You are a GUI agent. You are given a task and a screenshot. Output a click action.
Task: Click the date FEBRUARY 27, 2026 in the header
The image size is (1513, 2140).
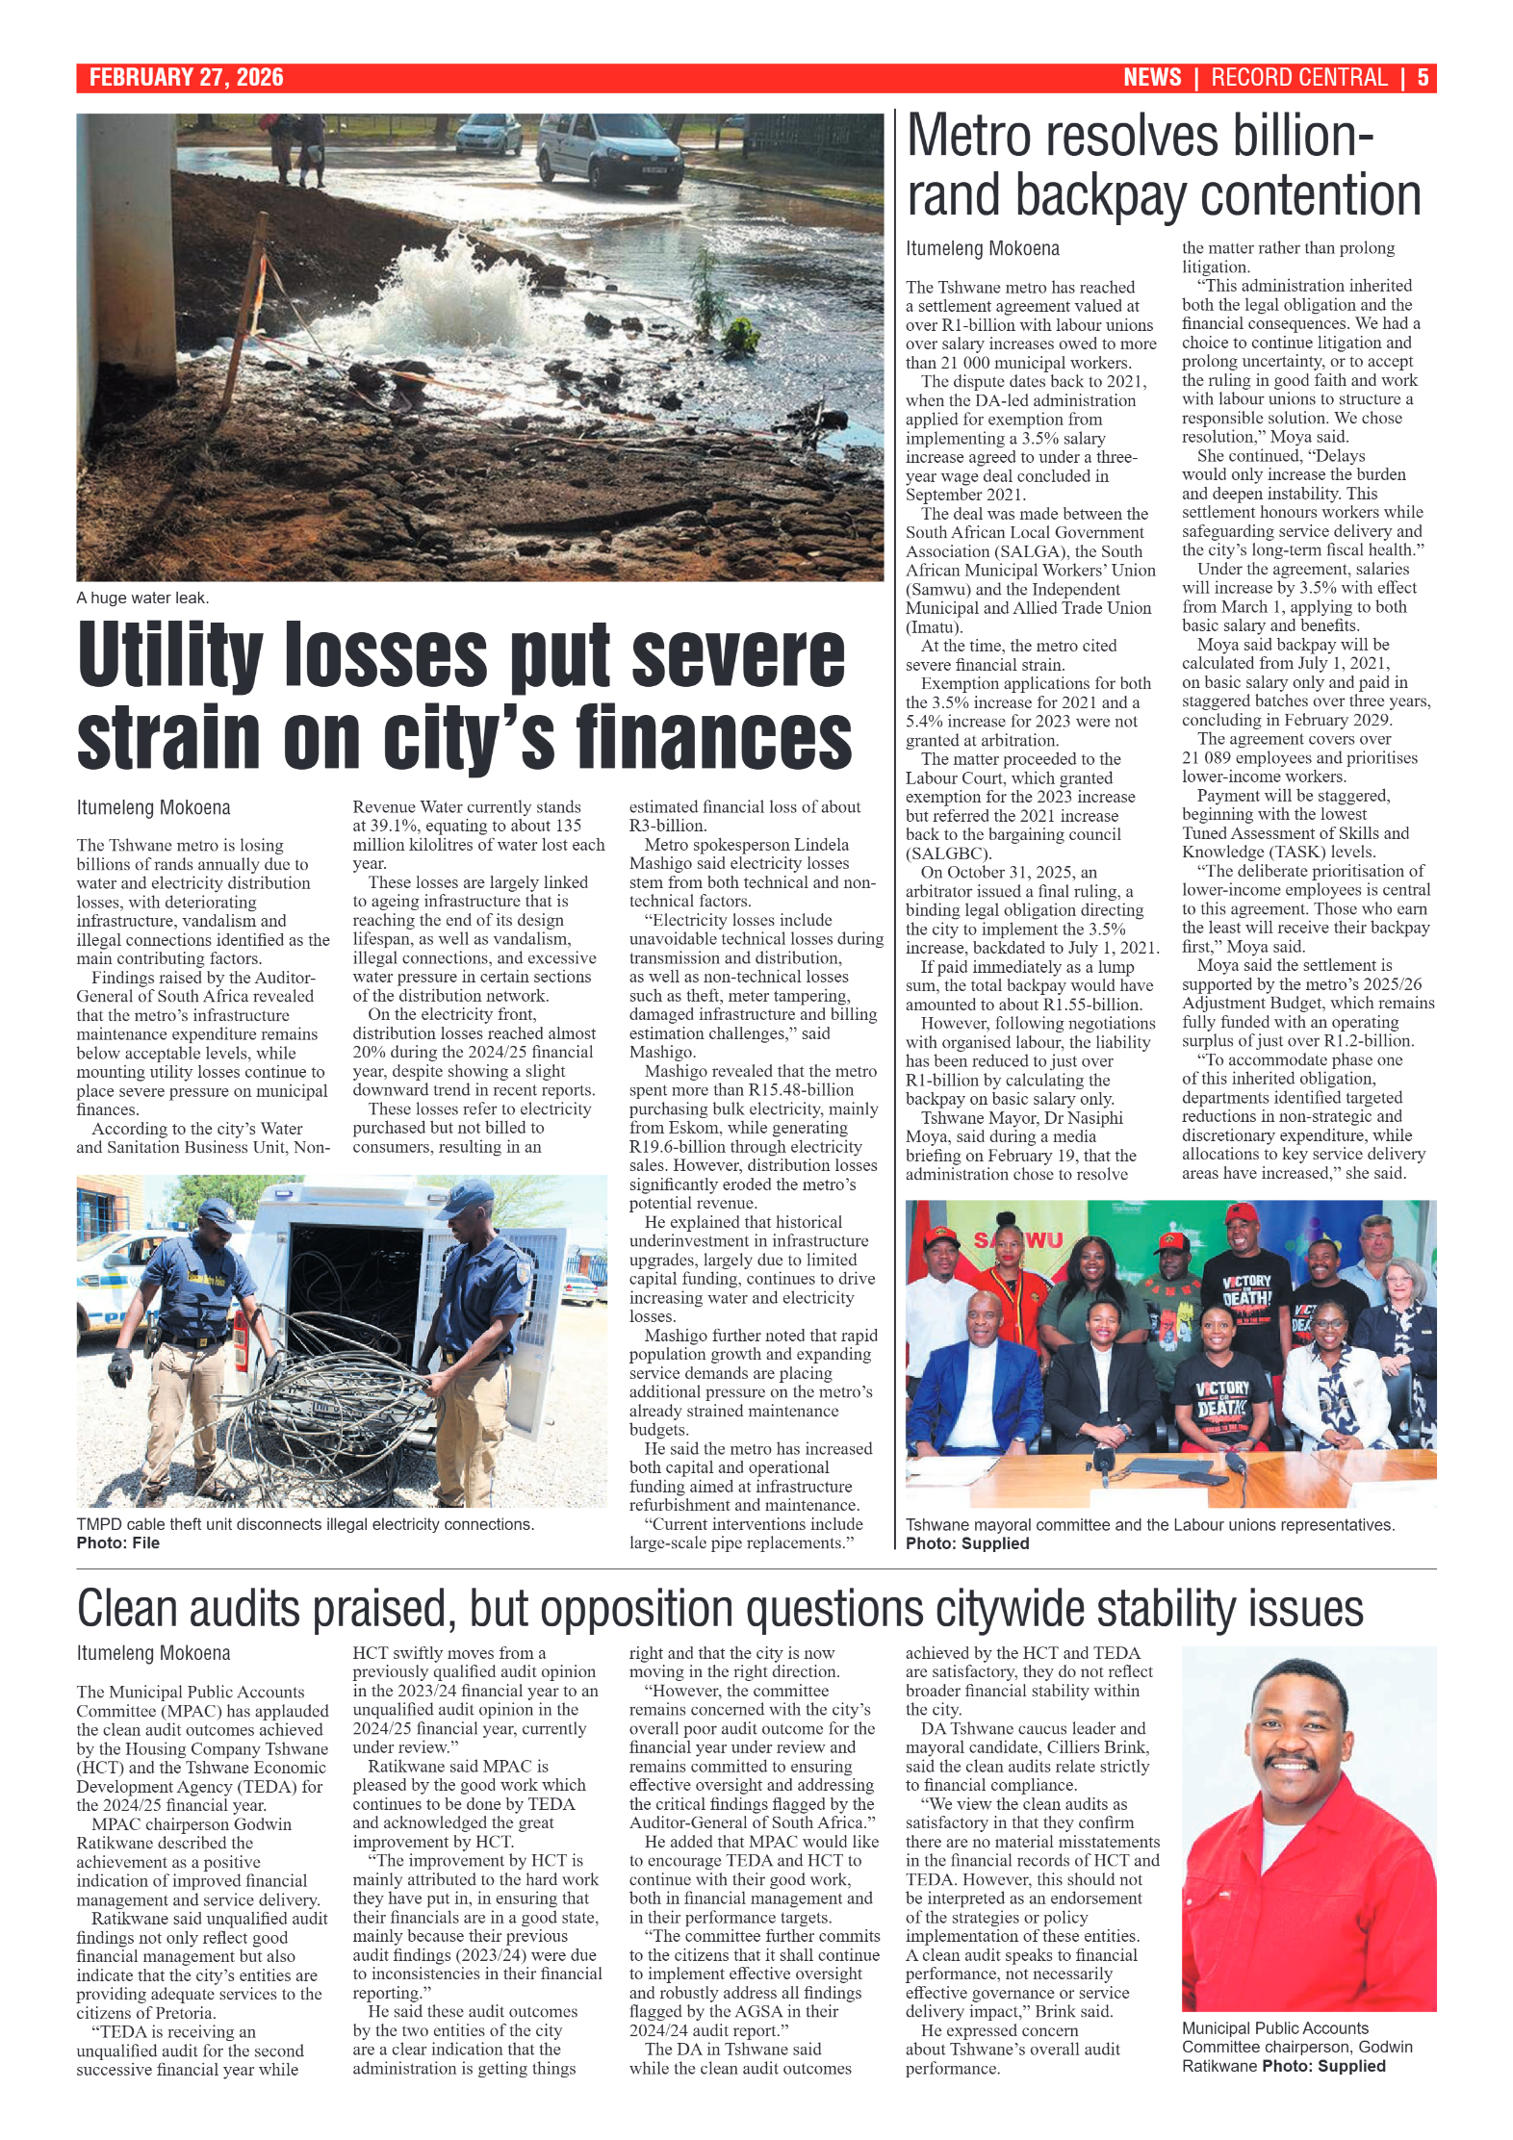point(186,78)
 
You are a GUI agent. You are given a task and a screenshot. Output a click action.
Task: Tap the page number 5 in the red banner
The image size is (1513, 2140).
point(1422,78)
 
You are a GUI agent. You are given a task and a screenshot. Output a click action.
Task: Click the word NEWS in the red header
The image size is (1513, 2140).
point(1151,78)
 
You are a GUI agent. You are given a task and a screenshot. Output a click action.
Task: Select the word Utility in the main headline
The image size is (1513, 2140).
point(169,655)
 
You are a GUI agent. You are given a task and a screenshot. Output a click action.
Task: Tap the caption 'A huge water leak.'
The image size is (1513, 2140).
point(142,598)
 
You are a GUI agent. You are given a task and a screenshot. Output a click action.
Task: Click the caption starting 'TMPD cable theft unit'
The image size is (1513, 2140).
point(304,1524)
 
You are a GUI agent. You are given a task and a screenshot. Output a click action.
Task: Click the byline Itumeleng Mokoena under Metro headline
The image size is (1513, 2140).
point(982,248)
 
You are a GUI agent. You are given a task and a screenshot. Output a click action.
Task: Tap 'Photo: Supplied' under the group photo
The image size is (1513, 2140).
point(966,1543)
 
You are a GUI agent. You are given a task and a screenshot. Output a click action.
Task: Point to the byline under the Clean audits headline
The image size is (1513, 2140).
point(153,1653)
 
